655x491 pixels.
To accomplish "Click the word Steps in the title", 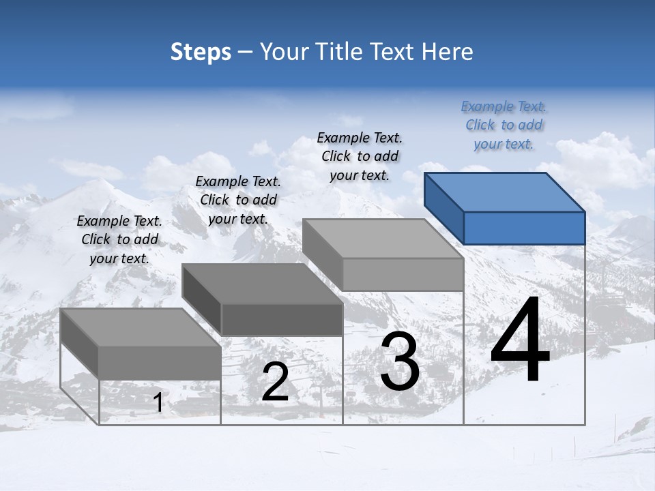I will coord(201,52).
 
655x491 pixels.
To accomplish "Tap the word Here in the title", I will coord(447,52).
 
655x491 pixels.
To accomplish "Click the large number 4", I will coord(520,341).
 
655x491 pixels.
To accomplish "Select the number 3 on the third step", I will coord(400,361).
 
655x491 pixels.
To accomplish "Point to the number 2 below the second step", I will coord(275,383).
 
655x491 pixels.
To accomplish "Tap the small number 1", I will coord(158,403).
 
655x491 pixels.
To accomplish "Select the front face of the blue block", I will coord(524,228).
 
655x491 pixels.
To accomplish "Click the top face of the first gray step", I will coord(141,327).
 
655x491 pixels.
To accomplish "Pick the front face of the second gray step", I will coord(282,320).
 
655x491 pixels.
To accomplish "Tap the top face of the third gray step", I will coord(383,239).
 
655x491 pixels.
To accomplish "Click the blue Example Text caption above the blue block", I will coord(504,125).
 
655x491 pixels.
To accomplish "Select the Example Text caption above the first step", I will coord(119,239).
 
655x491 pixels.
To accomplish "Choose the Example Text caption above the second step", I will coord(238,200).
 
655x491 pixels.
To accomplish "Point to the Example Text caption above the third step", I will coord(360,157).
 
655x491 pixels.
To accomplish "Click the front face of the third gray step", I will coord(403,275).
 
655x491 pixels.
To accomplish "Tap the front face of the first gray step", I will coord(160,363).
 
